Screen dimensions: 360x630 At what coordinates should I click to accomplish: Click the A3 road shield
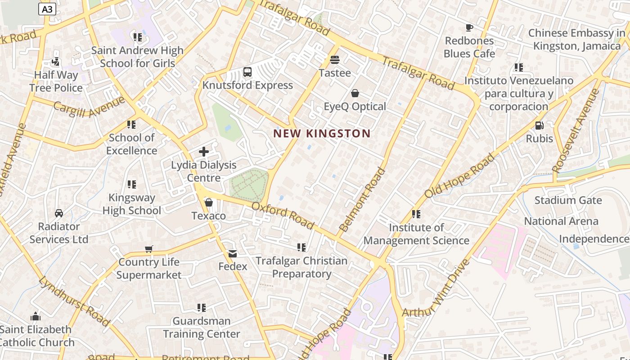click(47, 9)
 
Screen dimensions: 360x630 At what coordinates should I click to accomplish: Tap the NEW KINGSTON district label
click(322, 134)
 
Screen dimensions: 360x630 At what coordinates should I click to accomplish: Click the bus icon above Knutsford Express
click(247, 72)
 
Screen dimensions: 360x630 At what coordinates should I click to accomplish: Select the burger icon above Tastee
click(334, 59)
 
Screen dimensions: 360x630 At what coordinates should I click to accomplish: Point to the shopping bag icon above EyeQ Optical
click(355, 93)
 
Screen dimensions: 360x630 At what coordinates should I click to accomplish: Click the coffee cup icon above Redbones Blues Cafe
click(469, 27)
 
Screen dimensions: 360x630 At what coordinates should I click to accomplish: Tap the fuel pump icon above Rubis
click(539, 125)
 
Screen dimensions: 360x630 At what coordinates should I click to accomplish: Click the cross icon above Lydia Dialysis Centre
click(204, 152)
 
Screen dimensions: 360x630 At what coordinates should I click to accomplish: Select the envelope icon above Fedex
click(232, 253)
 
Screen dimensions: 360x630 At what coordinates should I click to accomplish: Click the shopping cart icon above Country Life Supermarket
click(149, 249)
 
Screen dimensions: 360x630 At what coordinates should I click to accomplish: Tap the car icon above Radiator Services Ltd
click(58, 213)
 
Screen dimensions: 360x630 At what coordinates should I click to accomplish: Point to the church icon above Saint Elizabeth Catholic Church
click(36, 316)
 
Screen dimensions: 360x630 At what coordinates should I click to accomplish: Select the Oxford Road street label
click(282, 215)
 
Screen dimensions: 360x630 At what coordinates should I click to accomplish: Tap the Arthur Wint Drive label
click(436, 288)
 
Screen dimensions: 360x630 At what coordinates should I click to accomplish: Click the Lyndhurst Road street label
click(74, 301)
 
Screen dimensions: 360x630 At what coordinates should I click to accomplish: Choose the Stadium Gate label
click(568, 200)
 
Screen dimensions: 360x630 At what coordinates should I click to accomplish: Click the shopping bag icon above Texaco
click(208, 202)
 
